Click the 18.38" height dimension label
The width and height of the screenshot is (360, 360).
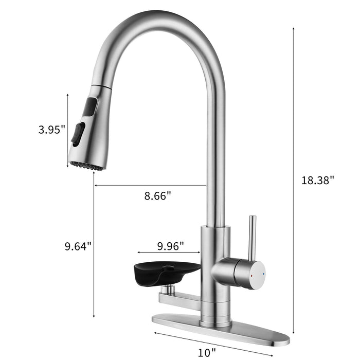coord(318,180)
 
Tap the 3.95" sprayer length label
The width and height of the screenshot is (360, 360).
coord(52,130)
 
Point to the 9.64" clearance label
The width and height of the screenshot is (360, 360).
coord(78,246)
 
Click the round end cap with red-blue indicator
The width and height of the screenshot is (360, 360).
coord(256,275)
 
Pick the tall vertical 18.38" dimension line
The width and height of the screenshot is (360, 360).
coord(294,180)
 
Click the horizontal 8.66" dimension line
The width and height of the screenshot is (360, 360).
coord(149,186)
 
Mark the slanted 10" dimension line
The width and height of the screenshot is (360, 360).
coord(211,346)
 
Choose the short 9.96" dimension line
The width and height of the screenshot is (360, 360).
coord(168,253)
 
